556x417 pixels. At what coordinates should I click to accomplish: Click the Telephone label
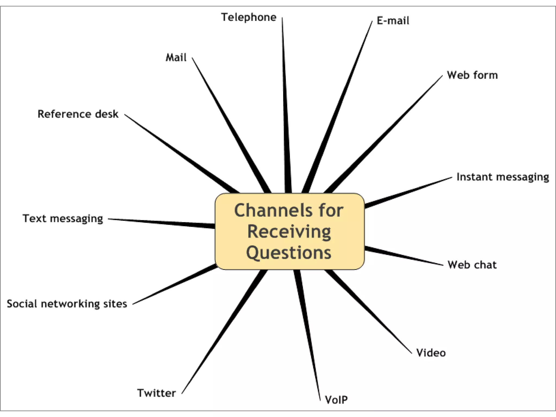pos(249,17)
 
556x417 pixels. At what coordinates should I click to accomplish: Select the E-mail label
pos(393,21)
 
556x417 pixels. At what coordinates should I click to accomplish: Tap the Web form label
pos(472,75)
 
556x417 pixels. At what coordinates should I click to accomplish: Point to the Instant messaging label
pos(503,177)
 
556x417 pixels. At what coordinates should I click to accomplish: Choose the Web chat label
pos(472,265)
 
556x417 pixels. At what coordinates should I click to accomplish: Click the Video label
pos(431,353)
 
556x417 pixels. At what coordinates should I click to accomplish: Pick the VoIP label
pos(336,400)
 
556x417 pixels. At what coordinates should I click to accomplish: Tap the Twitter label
pos(156,393)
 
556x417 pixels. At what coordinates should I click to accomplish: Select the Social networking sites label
pos(67,304)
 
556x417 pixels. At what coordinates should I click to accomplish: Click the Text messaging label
pos(63,219)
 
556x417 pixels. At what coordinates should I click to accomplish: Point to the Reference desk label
pos(78,114)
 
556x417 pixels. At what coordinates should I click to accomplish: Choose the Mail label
pos(176,58)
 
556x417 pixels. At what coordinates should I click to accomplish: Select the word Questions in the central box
pos(289,253)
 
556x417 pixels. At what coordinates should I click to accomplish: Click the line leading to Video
pos(369,312)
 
